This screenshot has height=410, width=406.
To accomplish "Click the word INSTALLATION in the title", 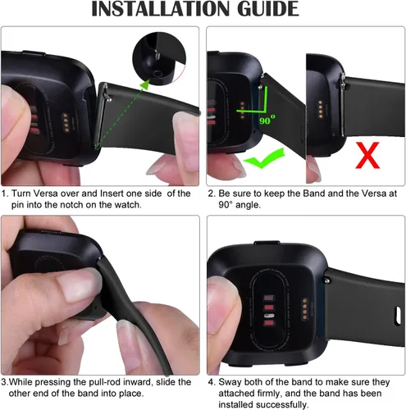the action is click(160, 9).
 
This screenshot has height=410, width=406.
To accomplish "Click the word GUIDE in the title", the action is click(268, 9).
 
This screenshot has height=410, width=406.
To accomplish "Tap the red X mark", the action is click(367, 155).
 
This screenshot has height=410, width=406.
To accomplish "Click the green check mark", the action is click(264, 157).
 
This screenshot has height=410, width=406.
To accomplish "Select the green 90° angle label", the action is click(267, 120).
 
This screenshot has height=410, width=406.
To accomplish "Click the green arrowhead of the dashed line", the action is click(145, 84).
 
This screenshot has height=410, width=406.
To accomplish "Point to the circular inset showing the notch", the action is click(159, 58).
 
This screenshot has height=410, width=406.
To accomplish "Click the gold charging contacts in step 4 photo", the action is click(305, 309).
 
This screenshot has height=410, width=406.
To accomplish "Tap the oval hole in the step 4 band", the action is click(398, 316).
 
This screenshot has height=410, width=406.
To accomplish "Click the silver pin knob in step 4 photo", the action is click(326, 280).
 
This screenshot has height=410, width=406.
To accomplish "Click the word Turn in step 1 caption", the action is click(21, 194).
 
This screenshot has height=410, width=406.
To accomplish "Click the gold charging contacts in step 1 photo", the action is click(66, 121).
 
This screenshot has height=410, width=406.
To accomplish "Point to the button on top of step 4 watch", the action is click(267, 243).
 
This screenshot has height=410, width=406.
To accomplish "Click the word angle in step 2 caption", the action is click(248, 205).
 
